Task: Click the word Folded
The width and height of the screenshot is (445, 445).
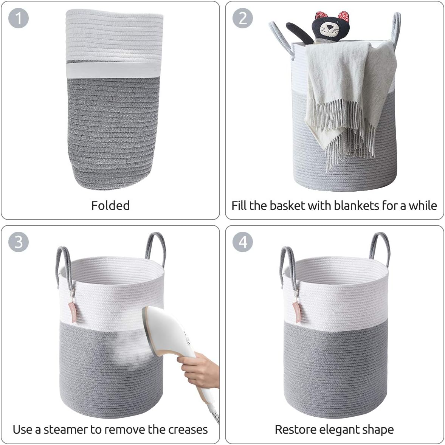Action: pyautogui.click(x=110, y=205)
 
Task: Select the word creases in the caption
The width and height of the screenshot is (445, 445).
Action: pyautogui.click(x=188, y=429)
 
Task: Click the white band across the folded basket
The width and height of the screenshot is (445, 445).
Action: pyautogui.click(x=113, y=70)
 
